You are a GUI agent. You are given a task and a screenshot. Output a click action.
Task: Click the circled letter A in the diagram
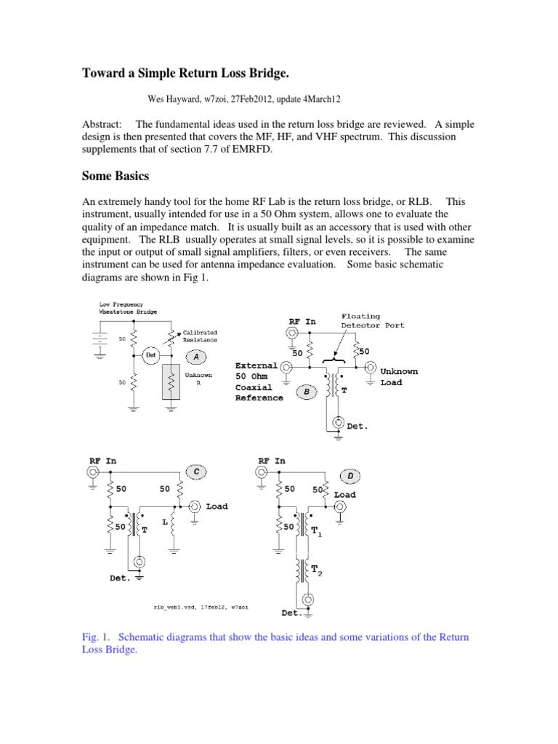click(x=194, y=356)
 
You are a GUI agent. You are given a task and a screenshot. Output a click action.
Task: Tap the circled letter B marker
click(x=307, y=392)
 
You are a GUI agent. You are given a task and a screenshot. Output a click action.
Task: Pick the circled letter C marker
click(x=195, y=472)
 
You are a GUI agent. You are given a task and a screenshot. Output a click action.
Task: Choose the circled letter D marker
click(x=350, y=475)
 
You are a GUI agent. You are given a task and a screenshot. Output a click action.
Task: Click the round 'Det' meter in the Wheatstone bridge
click(x=150, y=356)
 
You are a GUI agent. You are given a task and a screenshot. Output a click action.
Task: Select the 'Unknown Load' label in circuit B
click(x=399, y=376)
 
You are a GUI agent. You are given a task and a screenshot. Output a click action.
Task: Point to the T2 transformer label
click(x=317, y=572)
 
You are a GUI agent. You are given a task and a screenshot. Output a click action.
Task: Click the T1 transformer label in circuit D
click(x=317, y=533)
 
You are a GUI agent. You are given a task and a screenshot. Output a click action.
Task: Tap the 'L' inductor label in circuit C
click(x=165, y=522)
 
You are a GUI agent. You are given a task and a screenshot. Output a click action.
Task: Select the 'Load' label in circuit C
click(x=217, y=506)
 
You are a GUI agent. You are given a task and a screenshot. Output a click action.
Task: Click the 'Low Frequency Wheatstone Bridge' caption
click(x=121, y=308)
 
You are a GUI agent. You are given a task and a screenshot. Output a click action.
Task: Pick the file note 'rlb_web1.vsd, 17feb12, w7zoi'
click(x=201, y=604)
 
